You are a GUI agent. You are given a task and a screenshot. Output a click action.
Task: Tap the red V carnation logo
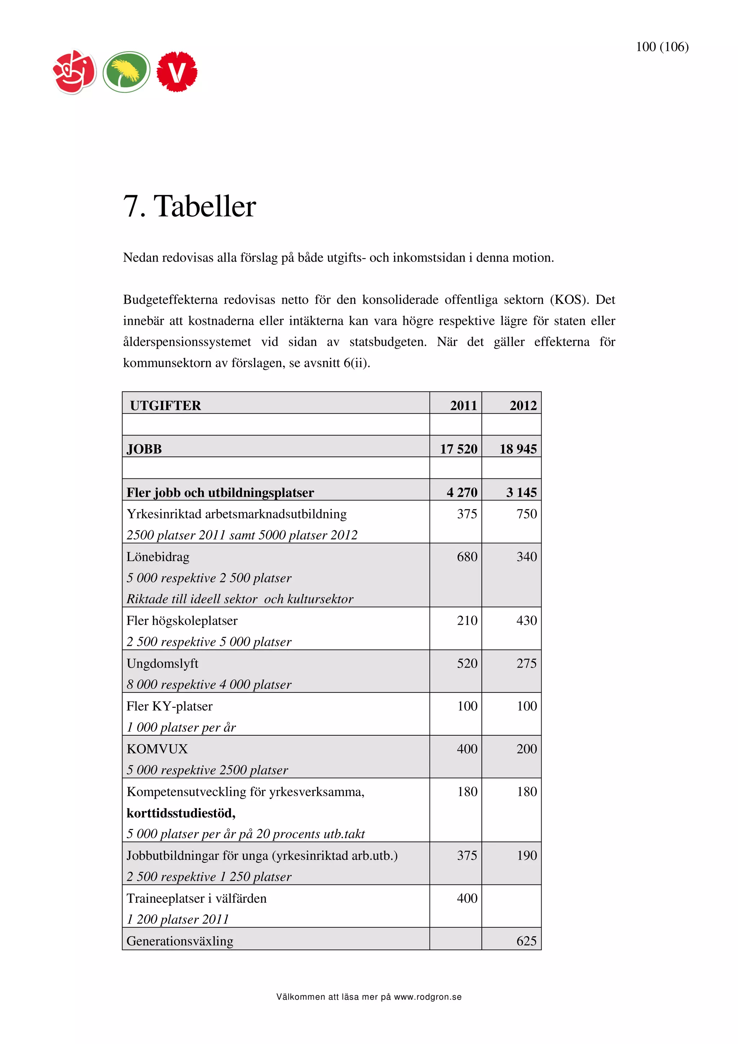[x=177, y=72]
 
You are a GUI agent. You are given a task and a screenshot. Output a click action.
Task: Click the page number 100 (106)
[x=662, y=47]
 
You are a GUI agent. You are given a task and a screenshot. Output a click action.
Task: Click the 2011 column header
[x=463, y=405]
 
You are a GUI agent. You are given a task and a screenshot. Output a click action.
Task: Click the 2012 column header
[x=523, y=405]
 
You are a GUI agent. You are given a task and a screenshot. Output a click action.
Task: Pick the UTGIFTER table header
[x=165, y=405]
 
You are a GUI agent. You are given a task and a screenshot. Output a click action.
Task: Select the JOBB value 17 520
[x=458, y=449]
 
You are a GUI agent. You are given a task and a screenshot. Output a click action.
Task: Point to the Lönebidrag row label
[x=158, y=557]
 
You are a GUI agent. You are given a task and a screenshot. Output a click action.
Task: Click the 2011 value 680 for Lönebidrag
[x=467, y=557]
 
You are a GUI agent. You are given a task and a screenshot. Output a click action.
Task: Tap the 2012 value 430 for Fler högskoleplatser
[x=526, y=620]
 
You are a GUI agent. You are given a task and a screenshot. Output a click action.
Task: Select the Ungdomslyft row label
[x=162, y=664]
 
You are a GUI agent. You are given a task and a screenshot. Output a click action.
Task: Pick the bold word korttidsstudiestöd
[x=181, y=813]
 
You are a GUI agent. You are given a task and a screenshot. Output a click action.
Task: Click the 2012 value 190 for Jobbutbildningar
[x=526, y=855]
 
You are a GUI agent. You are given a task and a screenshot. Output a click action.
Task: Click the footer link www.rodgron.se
[x=427, y=997]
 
